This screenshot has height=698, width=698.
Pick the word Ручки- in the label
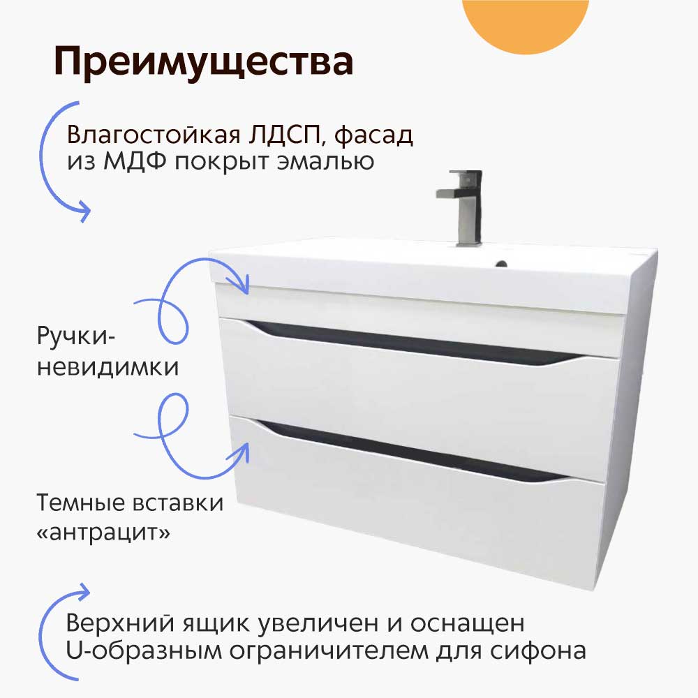pos(77,338)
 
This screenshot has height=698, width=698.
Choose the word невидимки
pos(108,367)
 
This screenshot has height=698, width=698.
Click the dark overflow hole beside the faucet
pos(500,265)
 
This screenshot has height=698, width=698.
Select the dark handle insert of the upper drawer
pos(419,341)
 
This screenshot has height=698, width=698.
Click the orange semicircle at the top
pos(526,21)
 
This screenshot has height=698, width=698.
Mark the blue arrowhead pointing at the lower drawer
pos(244,447)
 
